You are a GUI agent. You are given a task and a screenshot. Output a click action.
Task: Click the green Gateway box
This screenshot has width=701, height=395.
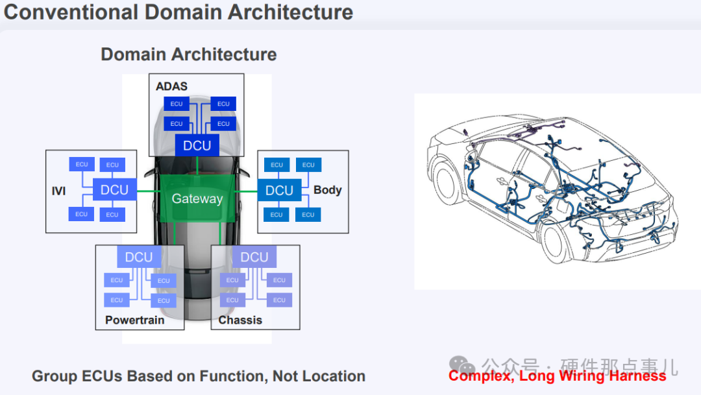coord(197,198)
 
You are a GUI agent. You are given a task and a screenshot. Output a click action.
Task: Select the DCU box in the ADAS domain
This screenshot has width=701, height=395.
coord(197,146)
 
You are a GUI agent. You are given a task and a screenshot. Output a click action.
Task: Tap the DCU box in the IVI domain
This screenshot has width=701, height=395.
coord(114,190)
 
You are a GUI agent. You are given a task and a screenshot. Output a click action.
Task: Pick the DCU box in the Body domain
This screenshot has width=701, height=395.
coord(279,190)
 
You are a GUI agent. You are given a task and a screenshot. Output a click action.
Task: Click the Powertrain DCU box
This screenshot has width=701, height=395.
coord(139,257)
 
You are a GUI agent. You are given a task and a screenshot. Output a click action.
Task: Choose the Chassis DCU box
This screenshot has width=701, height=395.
coord(254,257)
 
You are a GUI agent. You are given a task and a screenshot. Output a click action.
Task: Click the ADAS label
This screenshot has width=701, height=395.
coord(171,86)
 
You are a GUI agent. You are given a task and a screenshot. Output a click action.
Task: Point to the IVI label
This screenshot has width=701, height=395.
coord(58,191)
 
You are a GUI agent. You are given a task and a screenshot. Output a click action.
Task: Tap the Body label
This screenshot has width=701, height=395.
coord(328,190)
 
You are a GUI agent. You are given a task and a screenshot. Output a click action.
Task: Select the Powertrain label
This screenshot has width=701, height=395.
coord(135,320)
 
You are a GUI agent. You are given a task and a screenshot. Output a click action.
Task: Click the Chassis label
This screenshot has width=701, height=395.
coord(240,320)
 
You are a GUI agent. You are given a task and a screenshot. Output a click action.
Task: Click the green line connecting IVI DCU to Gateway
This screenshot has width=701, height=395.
coord(148,191)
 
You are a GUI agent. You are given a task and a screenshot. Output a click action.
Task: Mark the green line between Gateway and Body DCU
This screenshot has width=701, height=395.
coord(247,191)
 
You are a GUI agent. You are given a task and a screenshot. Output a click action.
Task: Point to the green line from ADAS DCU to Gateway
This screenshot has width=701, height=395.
coord(197,165)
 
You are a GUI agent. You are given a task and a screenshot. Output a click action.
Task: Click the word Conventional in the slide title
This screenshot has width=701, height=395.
coord(71,12)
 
